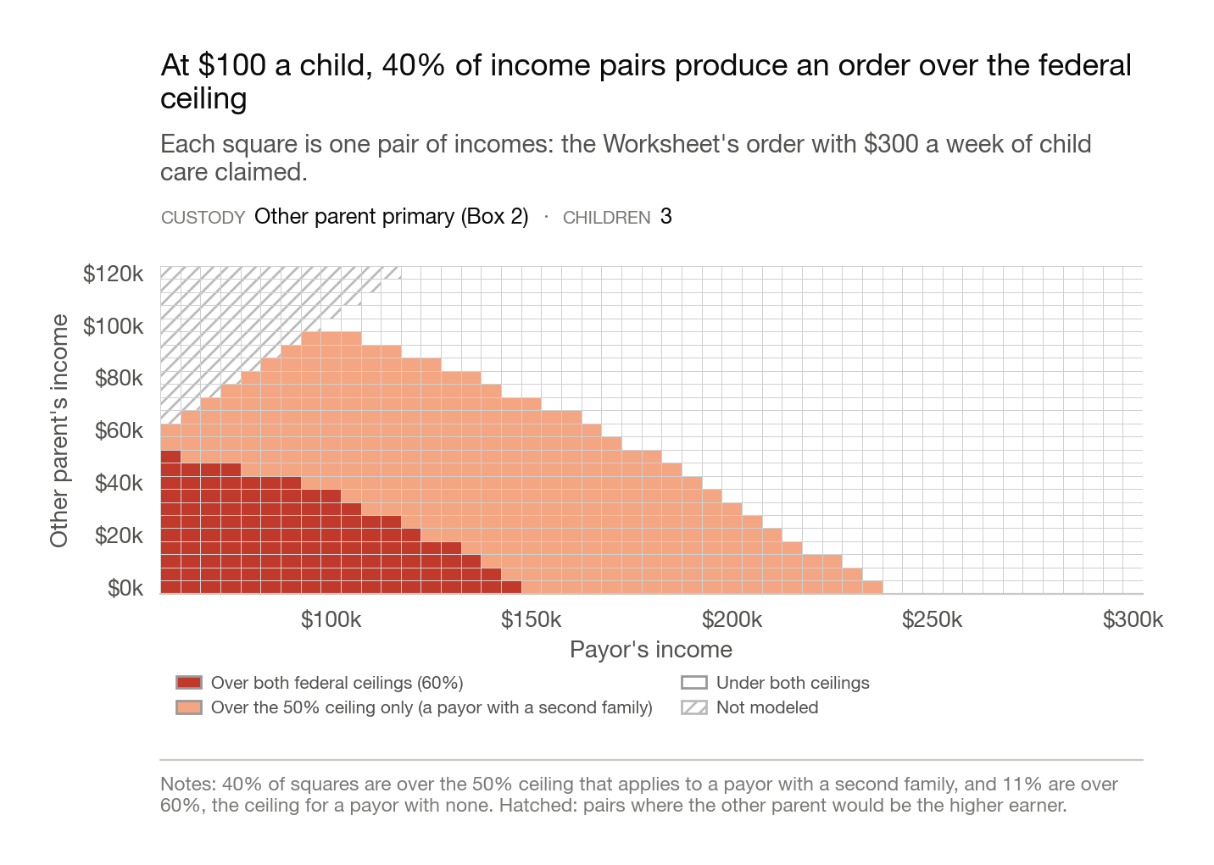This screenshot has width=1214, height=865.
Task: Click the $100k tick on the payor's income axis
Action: pyautogui.click(x=331, y=619)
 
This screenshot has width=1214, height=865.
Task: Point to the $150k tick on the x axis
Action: pyautogui.click(x=531, y=619)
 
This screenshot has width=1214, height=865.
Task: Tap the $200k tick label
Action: pyautogui.click(x=732, y=619)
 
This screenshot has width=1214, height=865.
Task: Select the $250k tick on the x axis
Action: pyautogui.click(x=933, y=619)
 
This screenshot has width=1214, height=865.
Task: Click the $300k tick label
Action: pyautogui.click(x=1133, y=619)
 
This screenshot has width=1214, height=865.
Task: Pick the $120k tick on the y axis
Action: pyautogui.click(x=113, y=274)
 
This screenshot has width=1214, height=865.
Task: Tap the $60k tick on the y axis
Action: pyautogui.click(x=119, y=431)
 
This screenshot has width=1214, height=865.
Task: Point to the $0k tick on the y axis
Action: pyautogui.click(x=125, y=588)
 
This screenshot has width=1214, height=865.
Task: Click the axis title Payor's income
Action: pyautogui.click(x=651, y=650)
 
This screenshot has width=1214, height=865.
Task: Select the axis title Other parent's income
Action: pyautogui.click(x=59, y=431)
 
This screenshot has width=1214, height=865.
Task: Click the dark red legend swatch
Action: pyautogui.click(x=189, y=683)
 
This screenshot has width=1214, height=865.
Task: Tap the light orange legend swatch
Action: pyautogui.click(x=189, y=707)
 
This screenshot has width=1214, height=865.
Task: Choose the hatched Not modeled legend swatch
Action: pyautogui.click(x=694, y=707)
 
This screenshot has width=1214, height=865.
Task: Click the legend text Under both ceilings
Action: pyautogui.click(x=793, y=683)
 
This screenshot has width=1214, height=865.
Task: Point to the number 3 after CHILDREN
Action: pyautogui.click(x=666, y=217)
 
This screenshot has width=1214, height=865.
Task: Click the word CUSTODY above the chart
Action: pyautogui.click(x=203, y=218)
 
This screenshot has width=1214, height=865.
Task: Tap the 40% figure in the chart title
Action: pyautogui.click(x=413, y=65)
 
